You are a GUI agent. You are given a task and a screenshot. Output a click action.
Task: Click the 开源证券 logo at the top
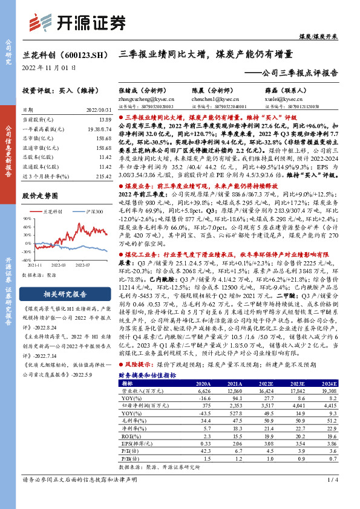pos(78,22)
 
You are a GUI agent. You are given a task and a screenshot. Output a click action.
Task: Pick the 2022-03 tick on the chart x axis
pos(58,265)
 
